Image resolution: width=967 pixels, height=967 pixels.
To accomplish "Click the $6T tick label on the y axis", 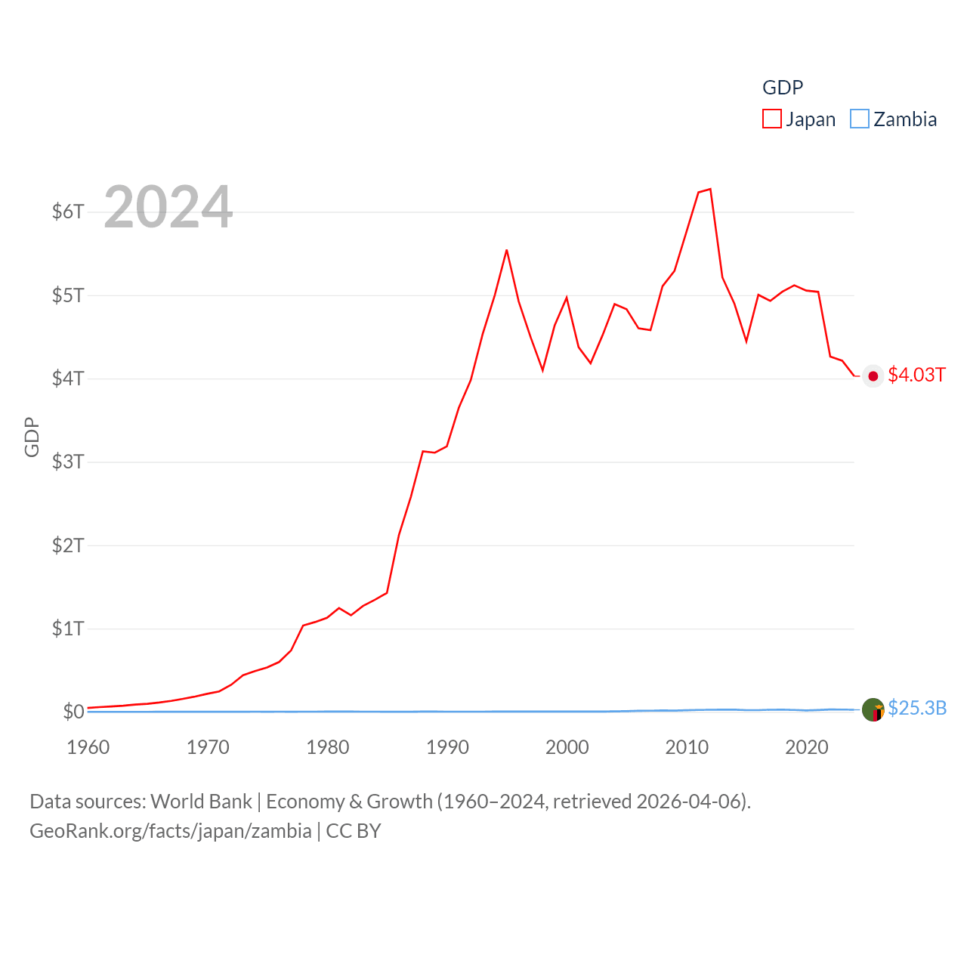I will [x=68, y=212].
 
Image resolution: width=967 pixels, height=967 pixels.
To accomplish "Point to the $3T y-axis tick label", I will [x=68, y=462].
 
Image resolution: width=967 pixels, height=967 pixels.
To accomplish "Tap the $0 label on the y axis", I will [x=73, y=712].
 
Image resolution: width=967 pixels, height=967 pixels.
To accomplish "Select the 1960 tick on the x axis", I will [x=88, y=747].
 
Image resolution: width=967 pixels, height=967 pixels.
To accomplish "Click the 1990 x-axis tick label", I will [x=447, y=747].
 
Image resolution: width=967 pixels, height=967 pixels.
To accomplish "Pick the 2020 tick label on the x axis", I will [x=807, y=747].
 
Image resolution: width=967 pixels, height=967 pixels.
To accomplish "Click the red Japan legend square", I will [x=772, y=119].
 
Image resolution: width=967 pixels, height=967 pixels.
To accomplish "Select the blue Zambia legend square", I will [x=860, y=119].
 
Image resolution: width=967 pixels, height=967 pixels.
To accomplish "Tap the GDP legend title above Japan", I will [x=783, y=88].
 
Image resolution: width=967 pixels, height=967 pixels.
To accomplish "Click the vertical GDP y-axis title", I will [x=32, y=437].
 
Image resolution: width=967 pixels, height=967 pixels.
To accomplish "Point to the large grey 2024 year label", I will [x=168, y=207].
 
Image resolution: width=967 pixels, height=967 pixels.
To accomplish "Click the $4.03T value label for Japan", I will [x=916, y=375].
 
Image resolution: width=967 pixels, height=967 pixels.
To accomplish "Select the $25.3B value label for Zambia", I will [x=917, y=708].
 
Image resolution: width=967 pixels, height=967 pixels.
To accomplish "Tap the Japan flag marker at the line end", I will [x=873, y=376].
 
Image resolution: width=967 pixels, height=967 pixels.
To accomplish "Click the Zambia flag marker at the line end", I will [x=873, y=710].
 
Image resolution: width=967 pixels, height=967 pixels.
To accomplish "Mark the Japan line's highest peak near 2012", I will [x=710, y=189].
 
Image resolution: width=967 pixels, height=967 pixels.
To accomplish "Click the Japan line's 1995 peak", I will [x=507, y=250].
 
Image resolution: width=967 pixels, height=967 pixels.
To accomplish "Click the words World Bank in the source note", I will [x=201, y=802].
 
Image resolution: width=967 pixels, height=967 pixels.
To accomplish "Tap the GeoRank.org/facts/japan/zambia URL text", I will [x=171, y=831].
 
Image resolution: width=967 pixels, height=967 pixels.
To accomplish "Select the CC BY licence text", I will [x=354, y=831].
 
